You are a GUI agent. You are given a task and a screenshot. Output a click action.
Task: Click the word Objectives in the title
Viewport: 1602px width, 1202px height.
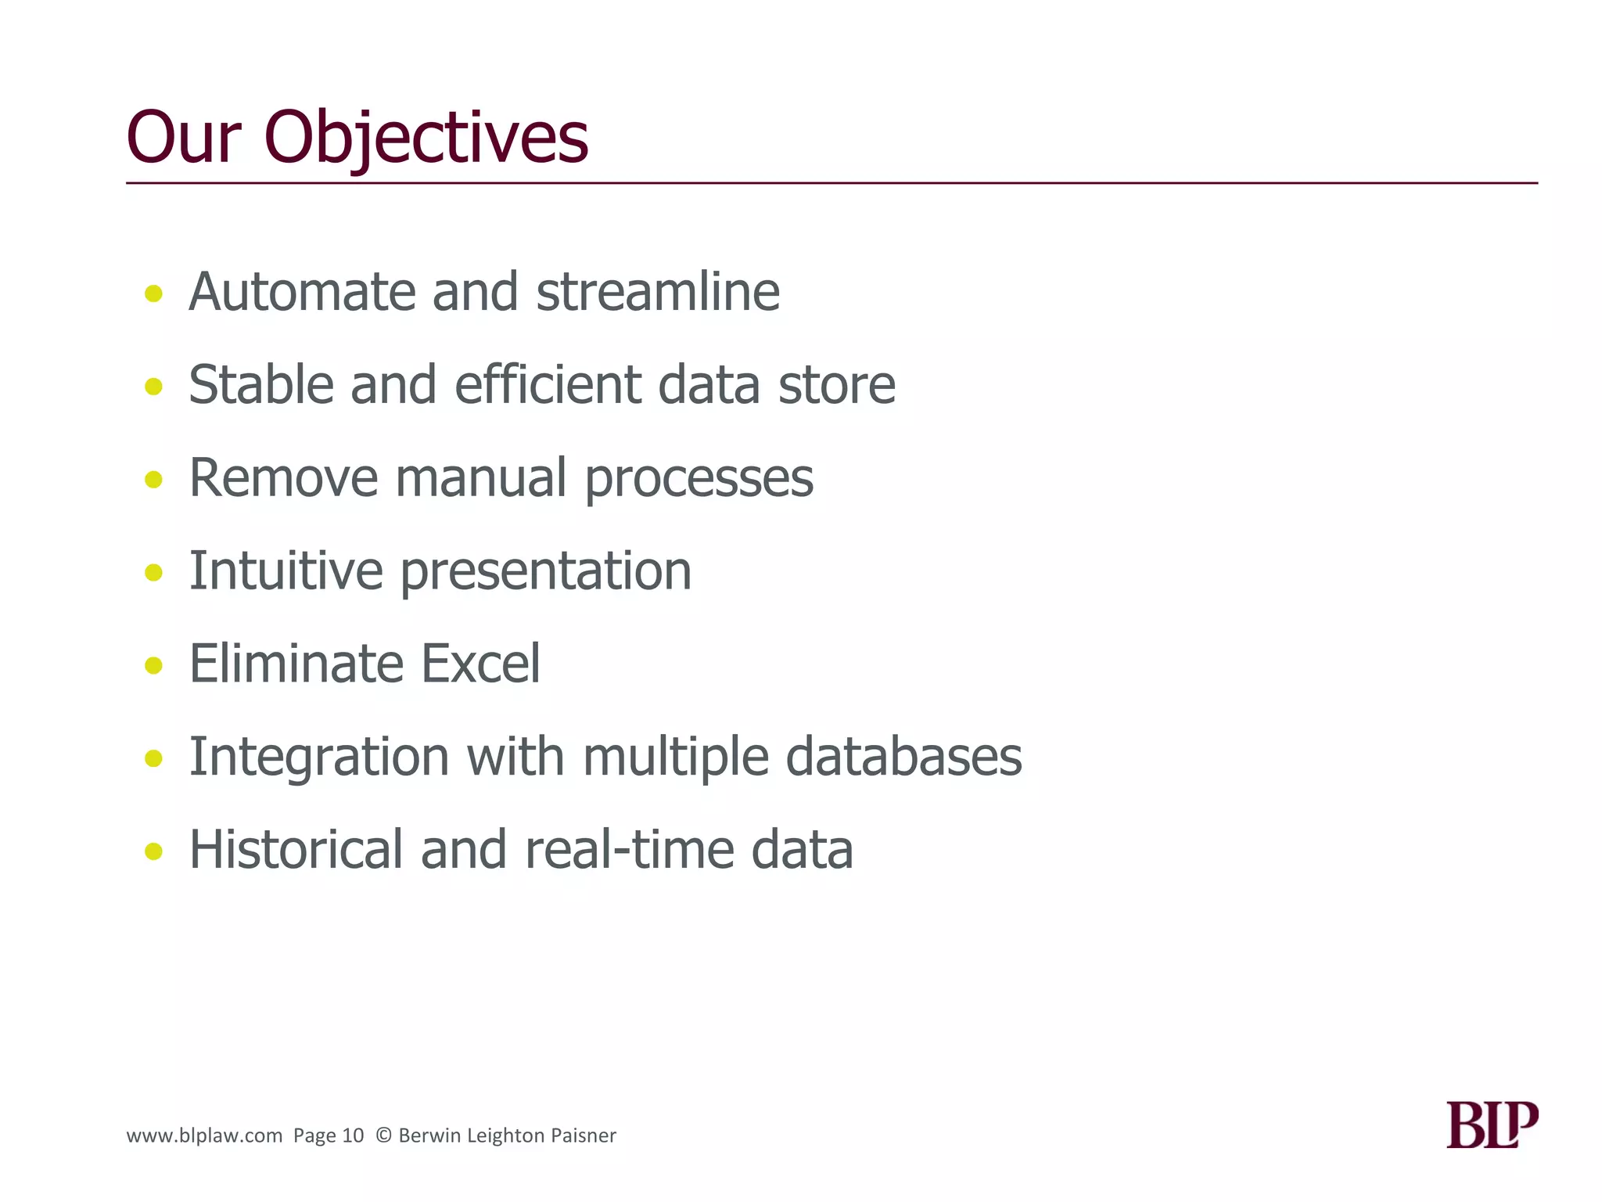(x=426, y=139)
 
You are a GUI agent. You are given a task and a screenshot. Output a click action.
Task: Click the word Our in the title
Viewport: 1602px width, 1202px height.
(x=182, y=139)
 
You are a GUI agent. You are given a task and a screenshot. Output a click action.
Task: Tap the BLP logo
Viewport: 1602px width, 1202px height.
(x=1492, y=1125)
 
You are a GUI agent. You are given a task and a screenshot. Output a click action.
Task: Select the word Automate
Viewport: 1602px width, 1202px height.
(x=301, y=292)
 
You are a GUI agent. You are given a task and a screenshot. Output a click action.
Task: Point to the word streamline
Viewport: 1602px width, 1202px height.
(x=657, y=292)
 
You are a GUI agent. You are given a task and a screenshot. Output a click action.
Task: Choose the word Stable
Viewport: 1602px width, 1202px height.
(x=260, y=385)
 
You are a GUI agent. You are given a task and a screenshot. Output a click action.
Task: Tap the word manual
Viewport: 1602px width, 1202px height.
(x=480, y=478)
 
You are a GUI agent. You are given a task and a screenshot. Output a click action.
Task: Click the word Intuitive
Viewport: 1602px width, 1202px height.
(x=286, y=570)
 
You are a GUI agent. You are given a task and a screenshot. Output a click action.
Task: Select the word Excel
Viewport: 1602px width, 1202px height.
(x=480, y=664)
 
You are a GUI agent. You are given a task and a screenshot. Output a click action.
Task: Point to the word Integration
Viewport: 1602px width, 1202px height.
(x=319, y=757)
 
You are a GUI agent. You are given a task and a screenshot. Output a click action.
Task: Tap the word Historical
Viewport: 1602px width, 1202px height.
(x=296, y=850)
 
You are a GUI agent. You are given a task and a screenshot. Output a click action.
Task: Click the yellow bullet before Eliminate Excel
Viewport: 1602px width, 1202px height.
(x=154, y=665)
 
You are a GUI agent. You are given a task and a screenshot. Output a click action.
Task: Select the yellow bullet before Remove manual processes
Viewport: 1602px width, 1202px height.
(x=154, y=479)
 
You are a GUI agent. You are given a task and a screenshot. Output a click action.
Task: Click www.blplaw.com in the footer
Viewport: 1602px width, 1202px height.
(x=204, y=1135)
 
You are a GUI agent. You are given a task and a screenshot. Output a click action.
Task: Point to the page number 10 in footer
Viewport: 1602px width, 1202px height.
(x=354, y=1135)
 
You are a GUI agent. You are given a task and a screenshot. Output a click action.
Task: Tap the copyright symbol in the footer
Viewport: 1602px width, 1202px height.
(x=383, y=1135)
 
